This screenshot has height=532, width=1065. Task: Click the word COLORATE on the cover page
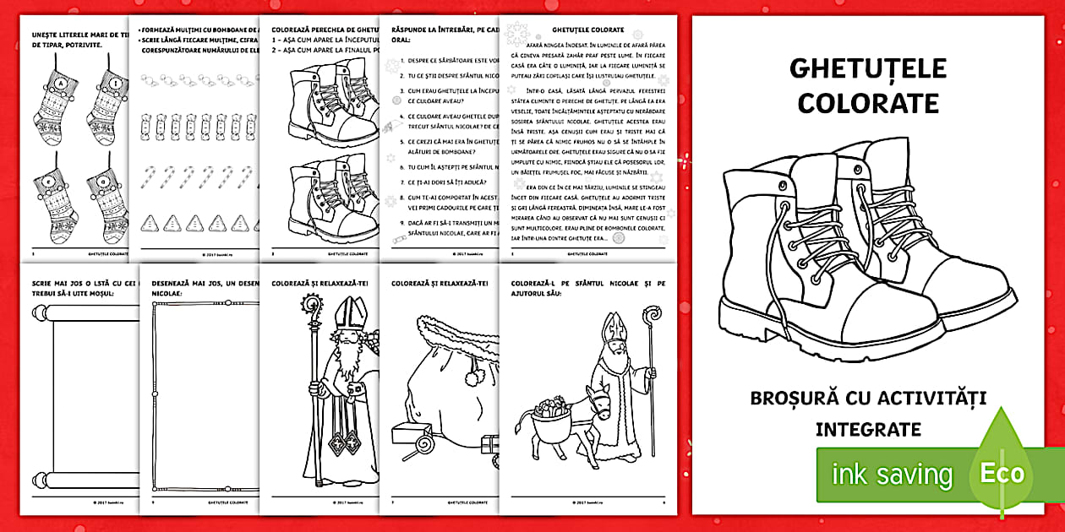868,103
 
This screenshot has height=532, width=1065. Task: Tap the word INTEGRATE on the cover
868,430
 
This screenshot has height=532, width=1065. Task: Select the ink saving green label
892,475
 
